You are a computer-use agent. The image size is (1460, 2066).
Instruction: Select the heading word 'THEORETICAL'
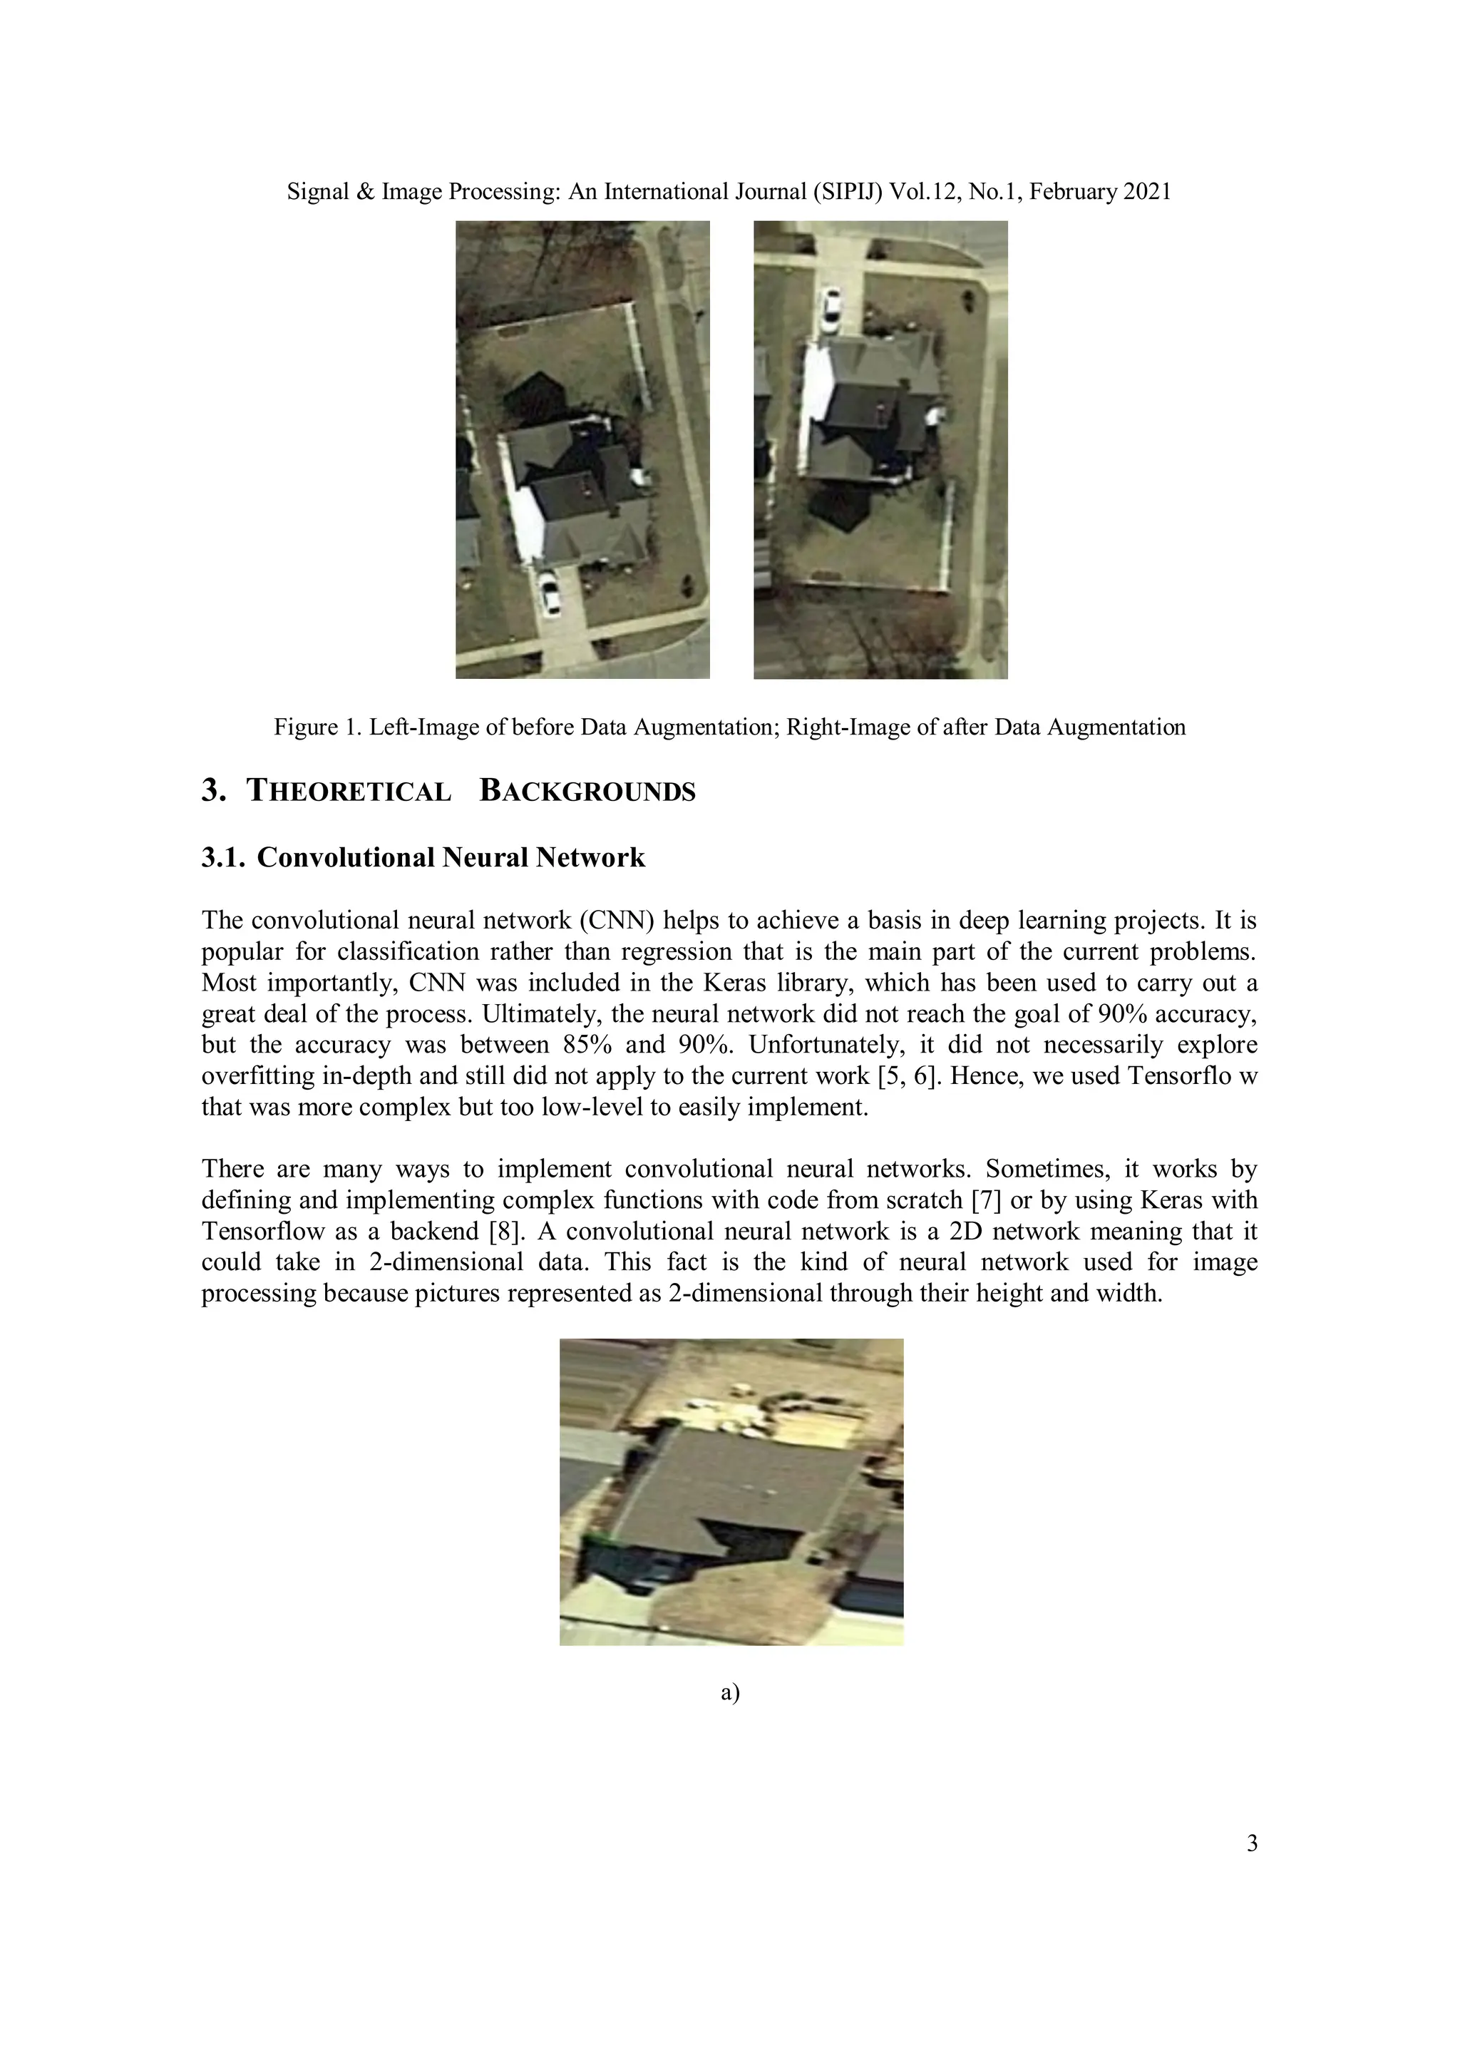click(349, 791)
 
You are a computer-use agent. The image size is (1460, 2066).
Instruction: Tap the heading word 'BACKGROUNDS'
click(587, 791)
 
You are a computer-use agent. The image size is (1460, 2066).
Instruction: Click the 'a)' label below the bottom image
click(729, 1692)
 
